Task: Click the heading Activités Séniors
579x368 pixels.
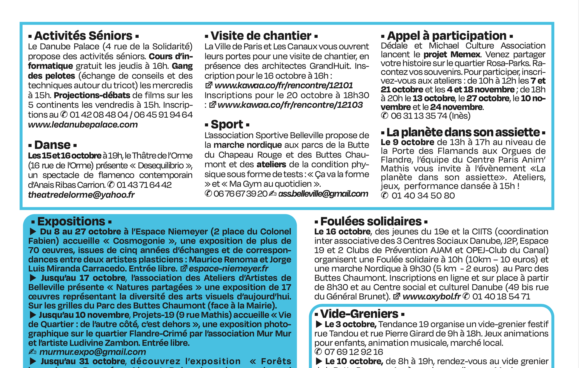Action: [83, 36]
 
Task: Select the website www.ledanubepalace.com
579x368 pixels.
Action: [83, 124]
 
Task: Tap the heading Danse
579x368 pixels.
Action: [52, 145]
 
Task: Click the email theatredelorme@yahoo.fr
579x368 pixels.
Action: [81, 195]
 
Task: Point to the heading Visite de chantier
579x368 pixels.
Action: [261, 36]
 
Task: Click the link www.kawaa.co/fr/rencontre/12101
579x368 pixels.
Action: [283, 86]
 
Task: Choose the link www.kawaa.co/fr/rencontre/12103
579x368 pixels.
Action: [290, 105]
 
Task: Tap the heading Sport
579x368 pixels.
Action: [227, 124]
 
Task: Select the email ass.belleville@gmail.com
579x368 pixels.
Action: [323, 194]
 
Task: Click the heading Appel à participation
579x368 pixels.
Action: [446, 36]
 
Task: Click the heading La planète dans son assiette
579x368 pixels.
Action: [463, 132]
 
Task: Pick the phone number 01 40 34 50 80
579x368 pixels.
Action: [423, 196]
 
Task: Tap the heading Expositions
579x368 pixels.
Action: [71, 222]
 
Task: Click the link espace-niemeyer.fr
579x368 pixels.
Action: [228, 268]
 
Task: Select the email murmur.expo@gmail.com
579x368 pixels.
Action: [93, 352]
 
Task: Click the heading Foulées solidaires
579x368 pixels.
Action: [371, 222]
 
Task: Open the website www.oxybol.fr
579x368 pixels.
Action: [431, 297]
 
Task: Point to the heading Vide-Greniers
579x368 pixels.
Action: [359, 314]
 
